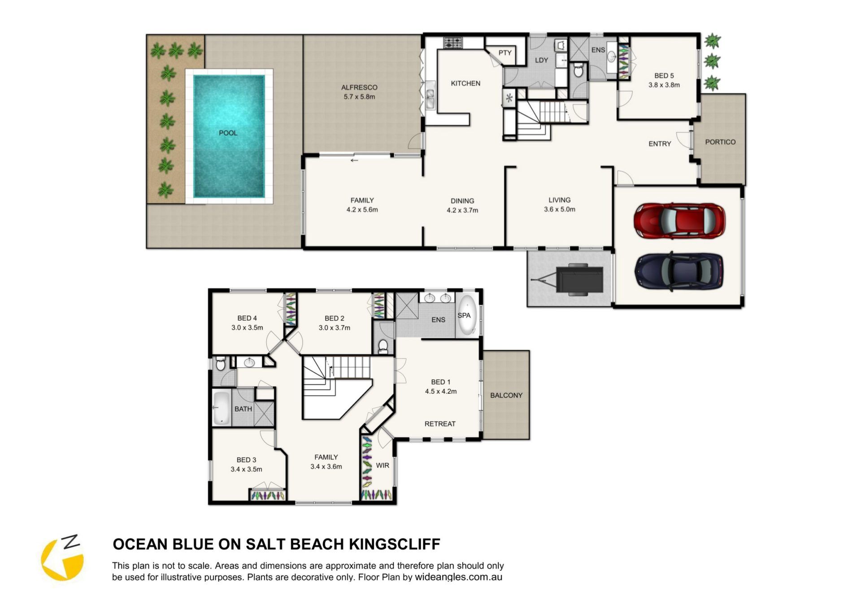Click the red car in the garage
click(x=679, y=220)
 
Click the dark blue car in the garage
click(x=679, y=271)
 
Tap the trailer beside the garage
click(x=568, y=279)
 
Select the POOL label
click(x=228, y=133)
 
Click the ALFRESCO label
click(x=359, y=87)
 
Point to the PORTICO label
click(x=720, y=142)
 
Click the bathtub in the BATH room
click(x=221, y=408)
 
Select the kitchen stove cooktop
click(x=453, y=43)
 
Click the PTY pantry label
click(x=505, y=53)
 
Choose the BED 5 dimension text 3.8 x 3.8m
click(x=664, y=85)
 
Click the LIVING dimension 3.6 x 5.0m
click(x=560, y=209)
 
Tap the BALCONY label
click(x=506, y=395)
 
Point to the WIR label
click(x=383, y=465)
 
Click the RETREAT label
click(x=440, y=424)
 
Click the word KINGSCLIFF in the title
click(x=395, y=544)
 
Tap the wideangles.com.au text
click(x=458, y=577)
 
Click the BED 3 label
click(x=246, y=460)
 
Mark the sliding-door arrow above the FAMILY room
click(x=354, y=160)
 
